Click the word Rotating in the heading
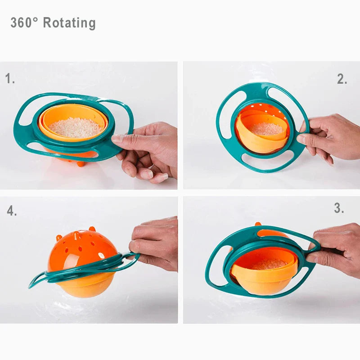[69, 23]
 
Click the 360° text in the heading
[24, 23]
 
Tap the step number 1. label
[10, 79]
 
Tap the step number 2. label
[342, 79]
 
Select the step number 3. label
[339, 208]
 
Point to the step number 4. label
[12, 211]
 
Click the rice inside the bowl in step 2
[266, 129]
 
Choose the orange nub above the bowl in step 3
[258, 224]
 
